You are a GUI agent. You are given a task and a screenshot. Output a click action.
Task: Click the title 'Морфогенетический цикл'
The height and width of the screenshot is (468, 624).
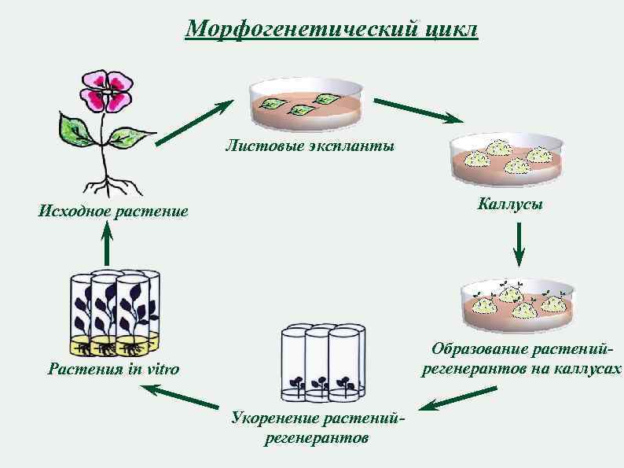tap(331, 30)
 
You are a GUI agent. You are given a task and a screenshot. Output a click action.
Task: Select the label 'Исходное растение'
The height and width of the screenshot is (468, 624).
tap(113, 211)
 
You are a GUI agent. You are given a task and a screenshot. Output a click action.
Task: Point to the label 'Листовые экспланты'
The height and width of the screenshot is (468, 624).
tap(310, 146)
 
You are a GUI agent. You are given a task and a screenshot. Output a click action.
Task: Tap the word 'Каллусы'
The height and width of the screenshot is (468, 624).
tap(510, 204)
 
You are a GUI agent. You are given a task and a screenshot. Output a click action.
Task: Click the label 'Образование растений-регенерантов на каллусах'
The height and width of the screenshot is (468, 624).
tap(519, 359)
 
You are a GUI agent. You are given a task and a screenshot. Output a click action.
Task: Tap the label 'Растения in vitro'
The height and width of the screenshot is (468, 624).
tap(113, 369)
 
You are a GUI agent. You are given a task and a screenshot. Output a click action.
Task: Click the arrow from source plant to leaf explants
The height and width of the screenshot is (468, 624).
tap(194, 123)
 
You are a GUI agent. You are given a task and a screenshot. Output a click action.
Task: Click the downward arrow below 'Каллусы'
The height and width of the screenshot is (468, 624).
tap(519, 245)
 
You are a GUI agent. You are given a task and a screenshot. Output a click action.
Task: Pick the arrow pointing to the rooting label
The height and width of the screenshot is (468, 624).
tap(446, 400)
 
